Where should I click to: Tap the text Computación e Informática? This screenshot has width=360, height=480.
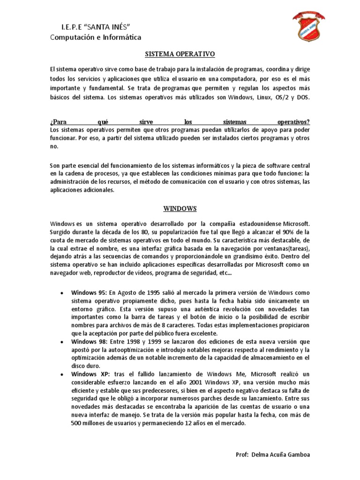tap(95, 37)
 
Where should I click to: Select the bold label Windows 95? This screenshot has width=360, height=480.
tap(89, 292)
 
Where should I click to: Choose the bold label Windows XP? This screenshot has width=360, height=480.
tap(90, 374)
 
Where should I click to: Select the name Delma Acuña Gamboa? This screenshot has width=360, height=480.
tap(281, 455)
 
